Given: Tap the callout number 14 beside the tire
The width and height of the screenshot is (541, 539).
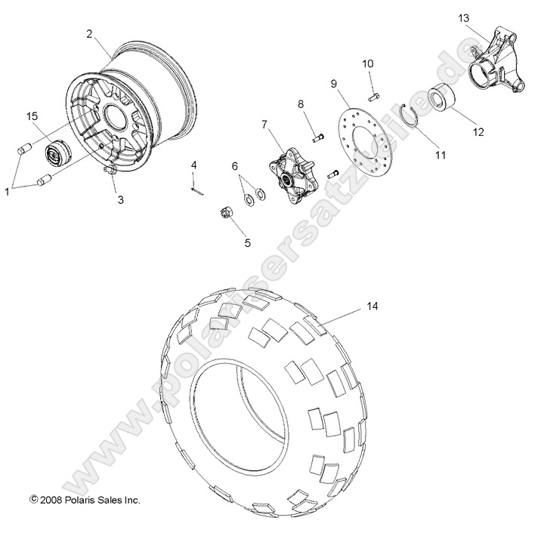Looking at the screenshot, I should point(372,307).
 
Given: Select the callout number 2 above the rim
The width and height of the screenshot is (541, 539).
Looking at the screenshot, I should point(89,34).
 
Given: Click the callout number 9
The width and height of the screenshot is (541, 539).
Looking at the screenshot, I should point(333,84).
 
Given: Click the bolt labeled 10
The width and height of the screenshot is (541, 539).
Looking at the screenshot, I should point(374,96).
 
